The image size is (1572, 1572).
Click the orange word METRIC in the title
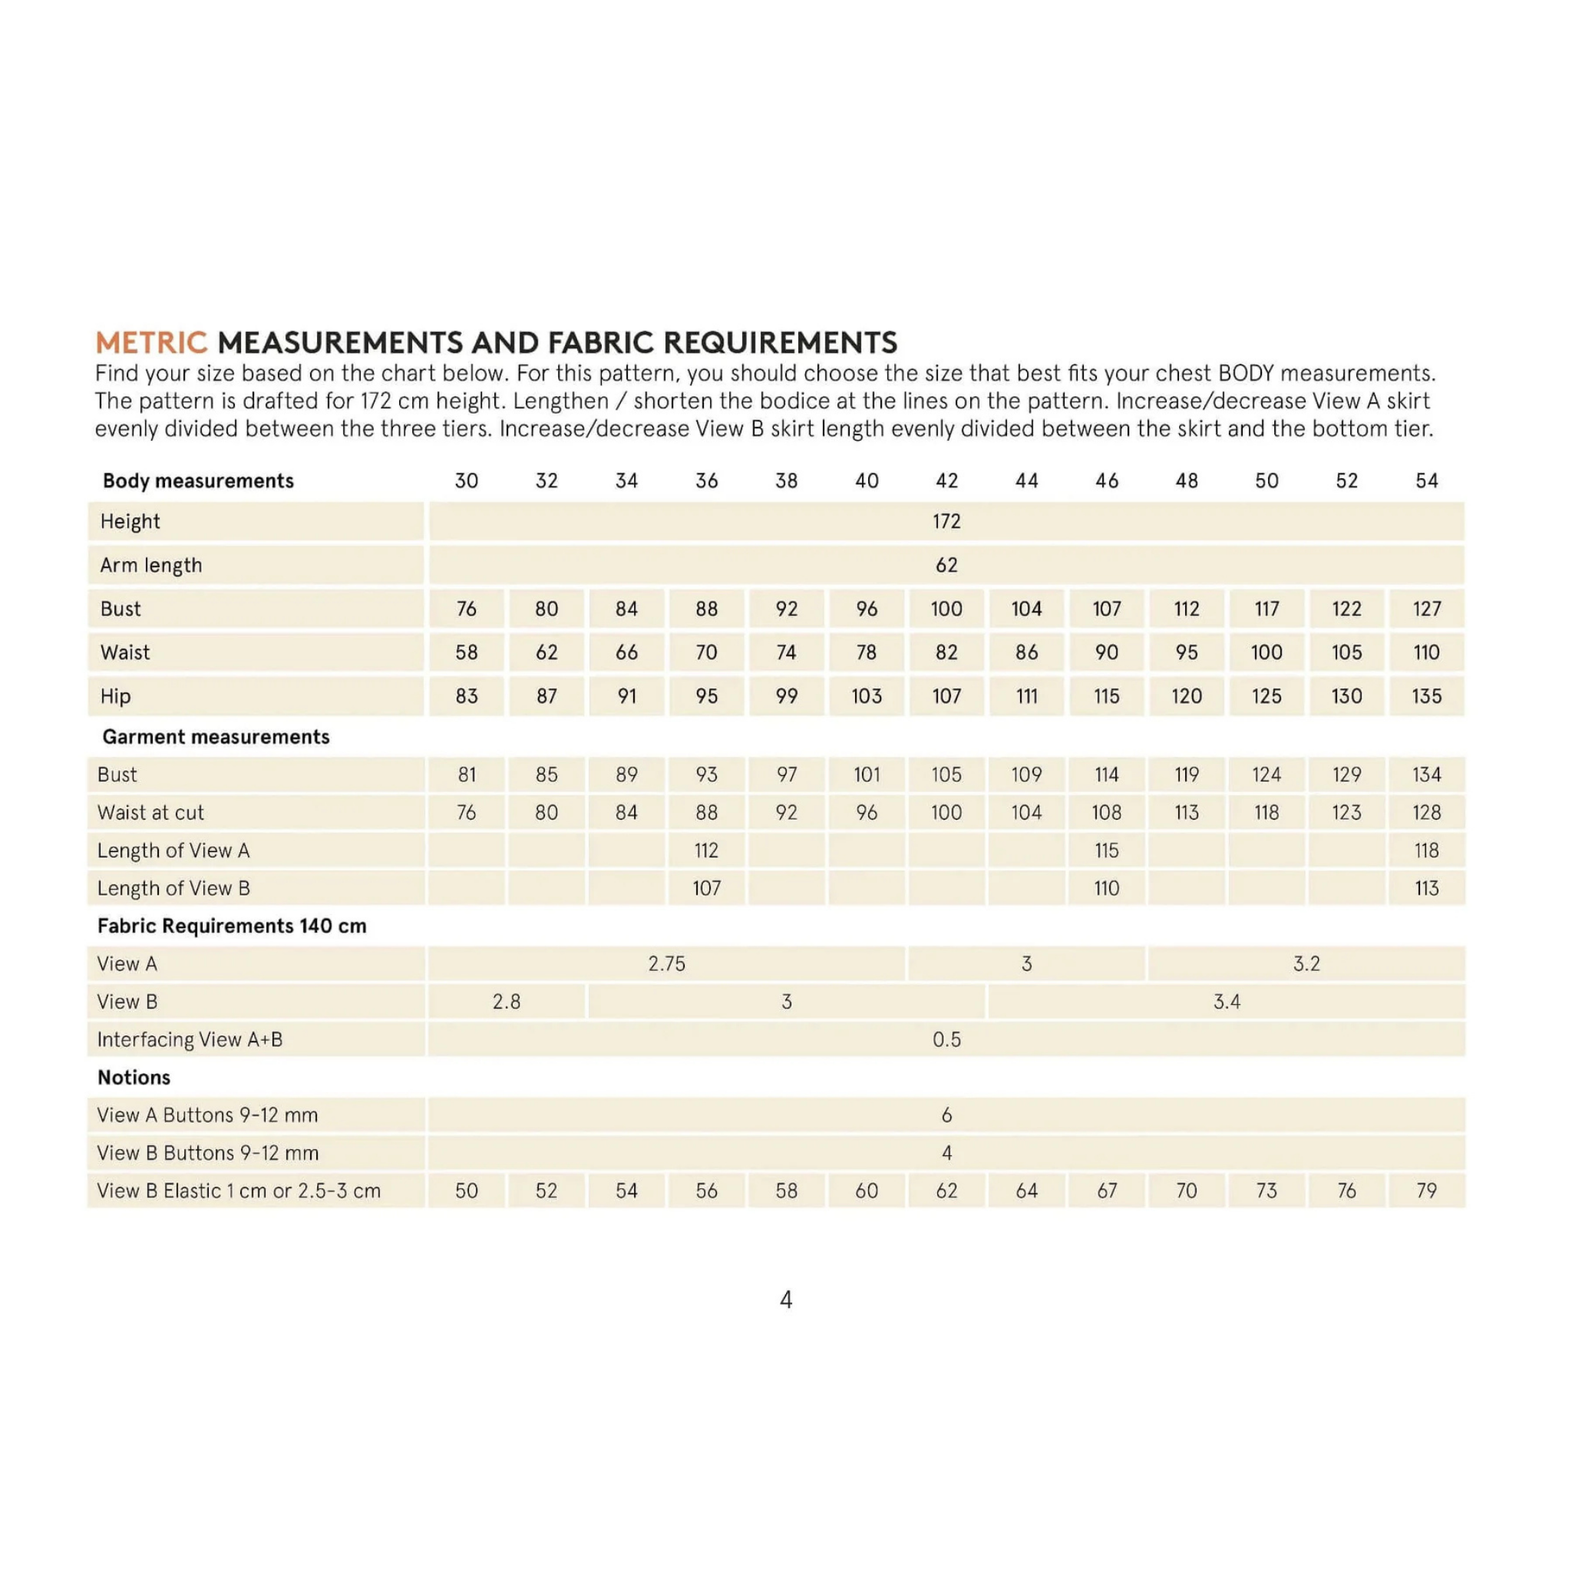[151, 342]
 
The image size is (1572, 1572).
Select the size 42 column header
[946, 481]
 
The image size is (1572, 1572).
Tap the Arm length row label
[150, 565]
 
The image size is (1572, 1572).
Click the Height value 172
[946, 520]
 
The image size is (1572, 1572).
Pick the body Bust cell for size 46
[1107, 609]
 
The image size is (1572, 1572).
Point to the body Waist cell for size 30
[466, 652]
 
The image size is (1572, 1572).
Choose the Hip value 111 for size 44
[1027, 696]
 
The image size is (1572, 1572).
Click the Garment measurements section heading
[216, 736]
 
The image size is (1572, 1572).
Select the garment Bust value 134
[1426, 774]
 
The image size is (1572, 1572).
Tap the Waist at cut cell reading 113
[1187, 812]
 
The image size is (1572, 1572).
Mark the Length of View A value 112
[706, 850]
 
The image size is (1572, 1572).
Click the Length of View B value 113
[1426, 888]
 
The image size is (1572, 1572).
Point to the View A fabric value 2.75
[666, 963]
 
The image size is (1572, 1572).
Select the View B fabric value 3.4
[1226, 1002]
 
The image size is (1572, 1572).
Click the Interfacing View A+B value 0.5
[946, 1039]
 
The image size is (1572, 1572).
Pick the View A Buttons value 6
[946, 1115]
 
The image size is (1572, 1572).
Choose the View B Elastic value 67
[1107, 1191]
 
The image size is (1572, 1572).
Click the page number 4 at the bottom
[786, 1300]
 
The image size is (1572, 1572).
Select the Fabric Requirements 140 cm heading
[231, 926]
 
